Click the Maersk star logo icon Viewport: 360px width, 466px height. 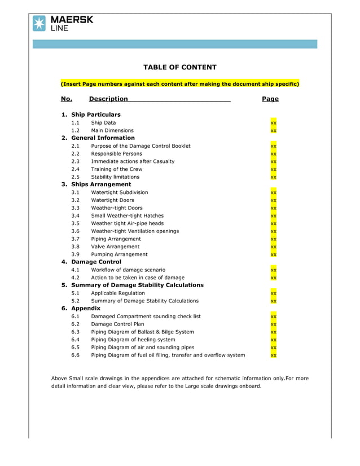click(39, 23)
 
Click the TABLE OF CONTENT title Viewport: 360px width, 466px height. click(179, 67)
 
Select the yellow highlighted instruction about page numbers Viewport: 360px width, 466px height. click(179, 83)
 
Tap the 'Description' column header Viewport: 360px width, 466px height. click(108, 99)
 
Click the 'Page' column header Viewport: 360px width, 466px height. click(270, 99)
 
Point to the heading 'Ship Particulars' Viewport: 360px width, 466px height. click(95, 115)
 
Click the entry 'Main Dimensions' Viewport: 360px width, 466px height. click(112, 130)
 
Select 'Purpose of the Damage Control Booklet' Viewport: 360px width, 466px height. click(141, 146)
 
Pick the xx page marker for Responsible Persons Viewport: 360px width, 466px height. click(273, 153)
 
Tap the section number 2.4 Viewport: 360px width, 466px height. click(75, 169)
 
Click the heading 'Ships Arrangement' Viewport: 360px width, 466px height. click(100, 184)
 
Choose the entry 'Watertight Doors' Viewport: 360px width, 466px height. click(112, 200)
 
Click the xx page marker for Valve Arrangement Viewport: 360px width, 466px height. click(273, 247)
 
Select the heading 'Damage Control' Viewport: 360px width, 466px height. click(96, 262)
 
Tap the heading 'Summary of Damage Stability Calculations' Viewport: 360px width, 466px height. click(137, 285)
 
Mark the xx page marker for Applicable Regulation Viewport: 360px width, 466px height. click(273, 293)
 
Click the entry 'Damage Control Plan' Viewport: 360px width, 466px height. click(117, 324)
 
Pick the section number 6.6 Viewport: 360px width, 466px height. click(75, 355)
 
